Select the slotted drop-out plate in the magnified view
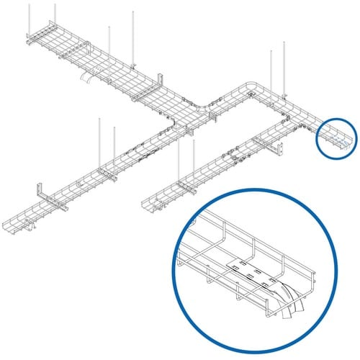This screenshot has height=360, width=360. click(256, 271)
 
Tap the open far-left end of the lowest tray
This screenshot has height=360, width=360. click(9, 219)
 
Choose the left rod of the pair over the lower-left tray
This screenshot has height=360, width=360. click(99, 144)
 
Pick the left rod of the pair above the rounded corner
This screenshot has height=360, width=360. click(271, 68)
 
